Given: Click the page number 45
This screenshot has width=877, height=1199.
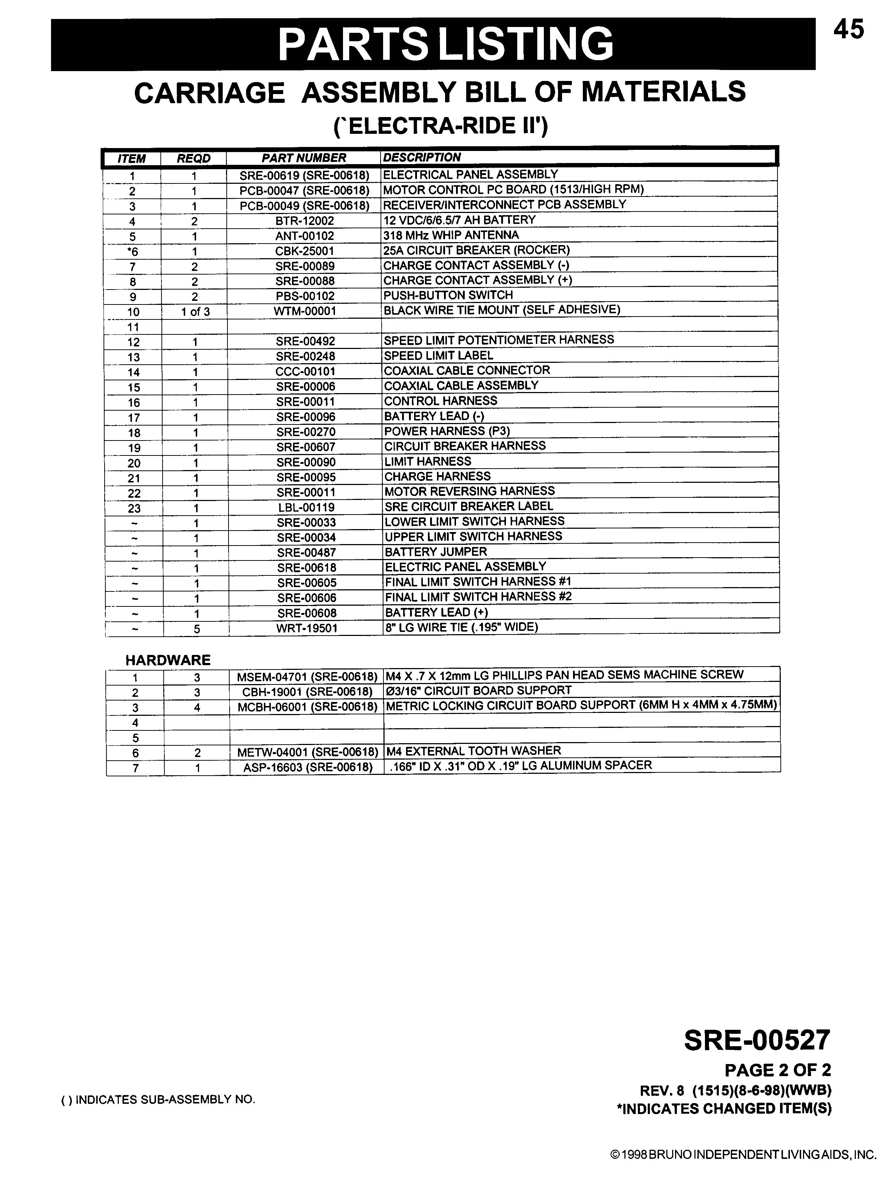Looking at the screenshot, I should click(848, 30).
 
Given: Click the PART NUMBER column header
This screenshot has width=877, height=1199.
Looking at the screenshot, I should click(304, 158).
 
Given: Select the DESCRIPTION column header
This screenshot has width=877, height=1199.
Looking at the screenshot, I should click(422, 157).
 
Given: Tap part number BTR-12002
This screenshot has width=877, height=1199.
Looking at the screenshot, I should click(305, 220).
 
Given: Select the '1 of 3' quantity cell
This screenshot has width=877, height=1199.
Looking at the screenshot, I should click(195, 312).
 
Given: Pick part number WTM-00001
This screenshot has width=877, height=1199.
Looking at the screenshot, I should click(305, 311).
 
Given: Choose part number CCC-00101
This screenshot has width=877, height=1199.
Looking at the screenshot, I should click(305, 371).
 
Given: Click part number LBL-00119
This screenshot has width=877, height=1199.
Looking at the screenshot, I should click(306, 507).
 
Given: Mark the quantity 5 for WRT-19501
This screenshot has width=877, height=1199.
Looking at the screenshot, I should click(197, 629).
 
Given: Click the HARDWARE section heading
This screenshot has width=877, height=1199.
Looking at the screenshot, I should click(168, 660).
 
